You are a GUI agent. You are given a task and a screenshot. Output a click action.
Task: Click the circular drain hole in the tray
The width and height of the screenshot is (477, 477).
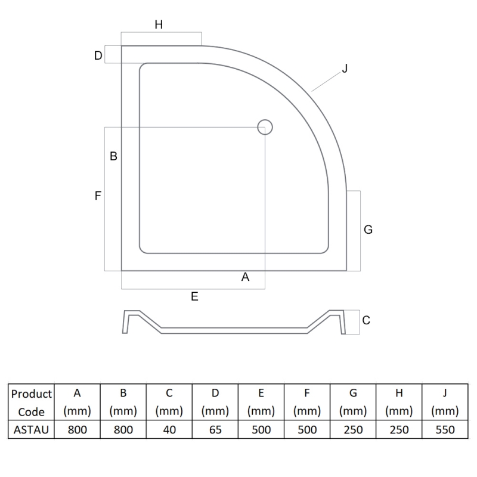pos(265,126)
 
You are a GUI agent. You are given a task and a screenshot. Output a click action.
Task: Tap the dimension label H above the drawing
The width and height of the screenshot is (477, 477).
pos(159,24)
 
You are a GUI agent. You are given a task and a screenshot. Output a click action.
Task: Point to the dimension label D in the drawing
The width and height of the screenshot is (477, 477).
pos(98,55)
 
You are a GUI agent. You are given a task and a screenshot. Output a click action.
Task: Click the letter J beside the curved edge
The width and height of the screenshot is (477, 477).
pos(344,69)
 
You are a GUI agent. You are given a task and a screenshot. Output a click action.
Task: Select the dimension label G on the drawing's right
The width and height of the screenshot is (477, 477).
pos(368,230)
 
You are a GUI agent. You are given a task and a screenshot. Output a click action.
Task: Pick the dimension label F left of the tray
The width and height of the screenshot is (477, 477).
pos(98,195)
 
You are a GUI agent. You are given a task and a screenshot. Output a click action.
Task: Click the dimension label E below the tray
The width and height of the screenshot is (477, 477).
pos(194,296)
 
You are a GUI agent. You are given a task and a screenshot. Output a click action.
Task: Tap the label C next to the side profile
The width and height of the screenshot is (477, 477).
pos(366,320)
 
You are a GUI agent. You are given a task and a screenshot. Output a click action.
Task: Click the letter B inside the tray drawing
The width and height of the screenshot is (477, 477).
pos(113,157)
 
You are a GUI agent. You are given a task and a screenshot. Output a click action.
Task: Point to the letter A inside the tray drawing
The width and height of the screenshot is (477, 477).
pos(244,277)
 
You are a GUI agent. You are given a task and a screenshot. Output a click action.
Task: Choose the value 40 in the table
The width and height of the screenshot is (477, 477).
pos(169,429)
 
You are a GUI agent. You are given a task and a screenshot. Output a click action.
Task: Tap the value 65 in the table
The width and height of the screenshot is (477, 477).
pos(215,429)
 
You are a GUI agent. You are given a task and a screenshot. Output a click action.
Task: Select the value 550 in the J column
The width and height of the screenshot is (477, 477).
pos(445,429)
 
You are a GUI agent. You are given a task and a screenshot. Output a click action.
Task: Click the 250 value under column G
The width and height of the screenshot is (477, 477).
pos(353,429)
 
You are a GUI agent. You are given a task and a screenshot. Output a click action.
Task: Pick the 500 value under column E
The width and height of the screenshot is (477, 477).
pos(261,429)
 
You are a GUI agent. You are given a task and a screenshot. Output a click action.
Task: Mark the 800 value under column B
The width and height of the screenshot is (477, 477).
pos(123,429)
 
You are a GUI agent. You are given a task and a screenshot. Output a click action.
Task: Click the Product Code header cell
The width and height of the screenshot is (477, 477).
pos(32,402)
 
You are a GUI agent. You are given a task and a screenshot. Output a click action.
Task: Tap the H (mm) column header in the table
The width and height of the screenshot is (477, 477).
pos(399,402)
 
